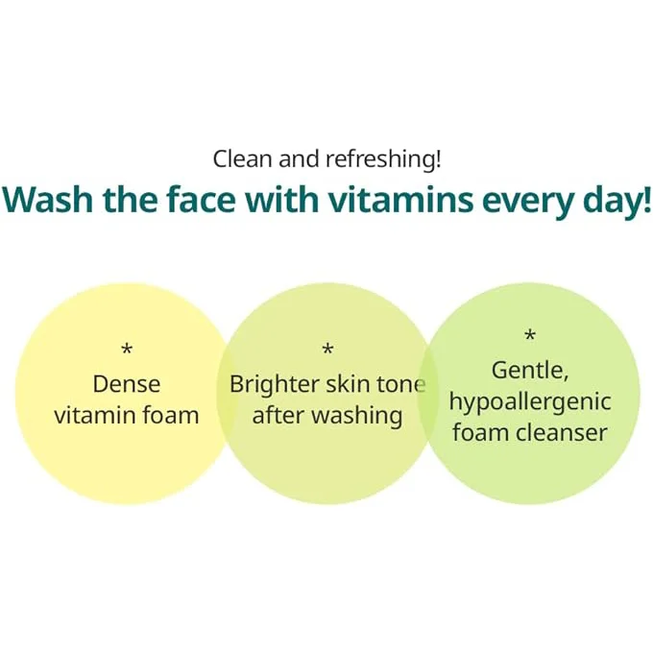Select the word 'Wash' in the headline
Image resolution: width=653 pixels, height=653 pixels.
pos(47,200)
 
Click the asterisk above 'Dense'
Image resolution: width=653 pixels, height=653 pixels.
pos(127,349)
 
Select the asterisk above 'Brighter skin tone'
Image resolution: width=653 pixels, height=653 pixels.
pos(328,349)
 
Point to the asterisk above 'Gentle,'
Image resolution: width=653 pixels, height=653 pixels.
pos(530,335)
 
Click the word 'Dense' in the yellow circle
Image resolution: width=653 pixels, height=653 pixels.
pos(127,384)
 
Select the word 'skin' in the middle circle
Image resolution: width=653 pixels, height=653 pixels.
pos(349,383)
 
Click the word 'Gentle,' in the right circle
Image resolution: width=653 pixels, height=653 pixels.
pos(530,371)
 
